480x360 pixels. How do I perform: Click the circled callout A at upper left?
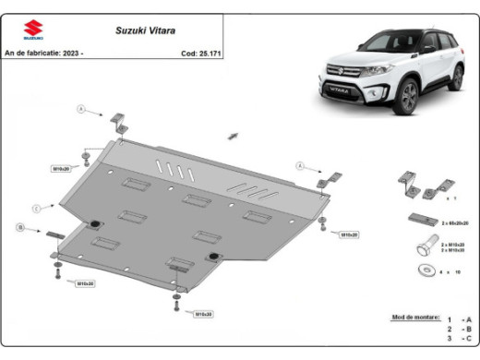[80, 110]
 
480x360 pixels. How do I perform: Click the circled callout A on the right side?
[300, 166]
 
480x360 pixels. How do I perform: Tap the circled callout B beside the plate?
[19, 226]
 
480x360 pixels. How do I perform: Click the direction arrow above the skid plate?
[233, 136]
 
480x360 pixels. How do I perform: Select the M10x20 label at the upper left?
[62, 168]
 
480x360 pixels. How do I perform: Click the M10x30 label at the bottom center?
[203, 314]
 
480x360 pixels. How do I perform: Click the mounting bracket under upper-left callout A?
[118, 123]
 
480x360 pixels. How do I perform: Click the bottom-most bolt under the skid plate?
[176, 303]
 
